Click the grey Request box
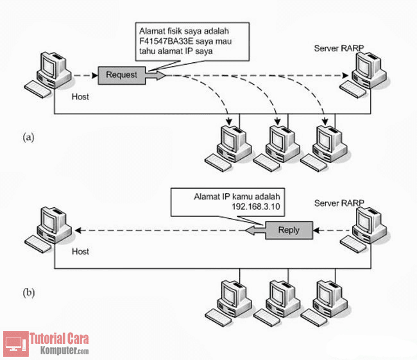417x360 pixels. tap(121, 75)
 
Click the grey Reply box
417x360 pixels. tap(289, 229)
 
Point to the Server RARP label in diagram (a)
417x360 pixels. tap(338, 49)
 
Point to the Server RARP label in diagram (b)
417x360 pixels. tap(338, 203)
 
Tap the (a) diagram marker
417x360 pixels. tap(28, 137)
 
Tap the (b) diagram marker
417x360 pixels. tap(28, 293)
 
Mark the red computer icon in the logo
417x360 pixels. tap(15, 344)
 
